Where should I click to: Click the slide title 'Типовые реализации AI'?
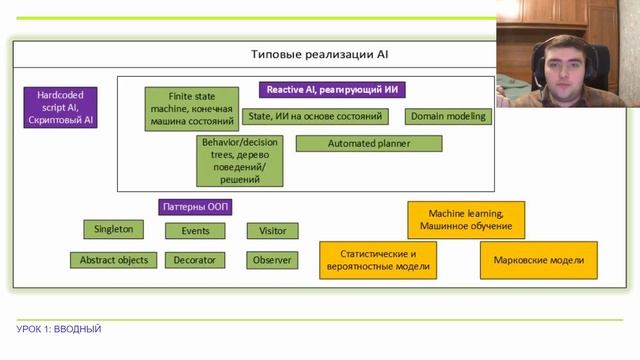tap(319, 54)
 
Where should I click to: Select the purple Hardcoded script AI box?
tap(60, 107)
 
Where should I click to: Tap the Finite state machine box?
tap(192, 109)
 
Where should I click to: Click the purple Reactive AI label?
tap(332, 90)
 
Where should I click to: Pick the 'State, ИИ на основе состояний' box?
tap(316, 116)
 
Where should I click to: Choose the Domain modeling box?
tap(448, 116)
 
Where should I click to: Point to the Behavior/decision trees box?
tap(240, 161)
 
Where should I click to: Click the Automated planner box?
tap(369, 144)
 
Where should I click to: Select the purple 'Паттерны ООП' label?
tap(196, 207)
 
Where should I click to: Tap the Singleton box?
tap(113, 229)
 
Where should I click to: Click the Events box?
tap(195, 231)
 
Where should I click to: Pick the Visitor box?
tap(273, 231)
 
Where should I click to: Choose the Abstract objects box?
tap(113, 260)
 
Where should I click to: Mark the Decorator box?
tap(195, 260)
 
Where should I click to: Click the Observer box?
tap(272, 260)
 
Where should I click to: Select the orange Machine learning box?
tap(466, 220)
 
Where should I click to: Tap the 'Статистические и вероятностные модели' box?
tap(378, 260)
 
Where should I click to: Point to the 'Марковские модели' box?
tap(539, 260)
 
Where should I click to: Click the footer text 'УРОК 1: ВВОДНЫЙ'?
tap(59, 329)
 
